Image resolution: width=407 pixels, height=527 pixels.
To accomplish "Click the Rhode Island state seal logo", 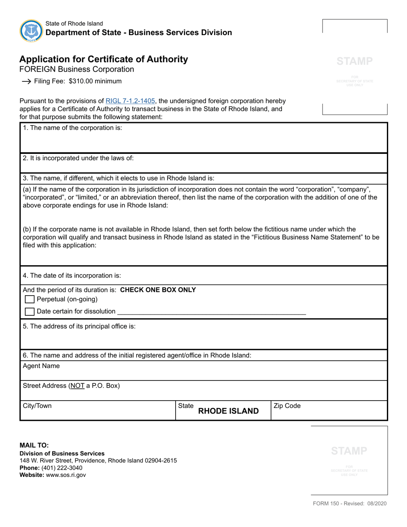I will (31, 30).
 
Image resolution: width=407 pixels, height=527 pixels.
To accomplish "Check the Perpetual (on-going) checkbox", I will (30, 299).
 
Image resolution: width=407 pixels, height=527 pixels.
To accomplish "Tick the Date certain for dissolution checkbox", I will (30, 311).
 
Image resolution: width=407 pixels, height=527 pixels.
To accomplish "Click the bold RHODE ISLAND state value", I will (228, 411).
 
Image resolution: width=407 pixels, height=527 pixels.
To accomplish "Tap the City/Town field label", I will (37, 406).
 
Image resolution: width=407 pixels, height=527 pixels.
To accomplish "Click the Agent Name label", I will (41, 366).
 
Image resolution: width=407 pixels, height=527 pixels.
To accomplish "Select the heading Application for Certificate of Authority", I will (104, 60).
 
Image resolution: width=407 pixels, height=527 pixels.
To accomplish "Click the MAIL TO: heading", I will (34, 446).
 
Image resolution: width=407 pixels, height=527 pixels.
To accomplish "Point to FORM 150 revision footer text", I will (349, 504).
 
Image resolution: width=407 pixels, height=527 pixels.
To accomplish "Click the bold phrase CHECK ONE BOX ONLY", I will (158, 290).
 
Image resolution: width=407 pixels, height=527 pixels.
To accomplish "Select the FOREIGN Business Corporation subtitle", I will (77, 69).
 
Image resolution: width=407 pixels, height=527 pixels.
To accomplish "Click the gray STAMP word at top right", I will (354, 61).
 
